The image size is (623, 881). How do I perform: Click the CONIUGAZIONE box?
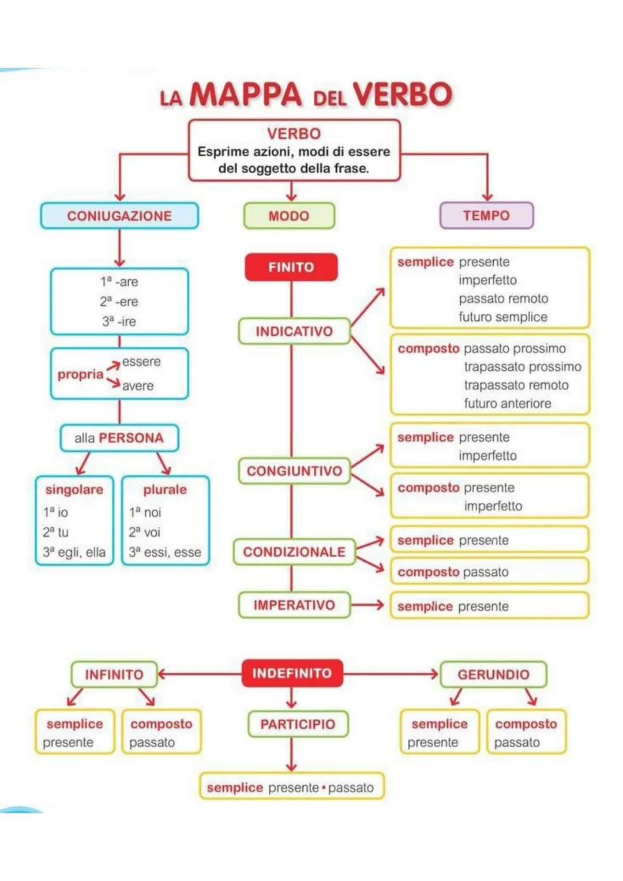pyautogui.click(x=119, y=216)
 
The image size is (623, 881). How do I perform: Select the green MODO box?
pyautogui.click(x=289, y=216)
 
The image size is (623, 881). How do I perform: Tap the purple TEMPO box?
pyautogui.click(x=486, y=215)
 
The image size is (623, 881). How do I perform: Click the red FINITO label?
pyautogui.click(x=291, y=267)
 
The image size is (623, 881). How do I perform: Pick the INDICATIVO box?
pyautogui.click(x=294, y=331)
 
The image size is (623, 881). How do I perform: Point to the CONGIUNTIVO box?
pyautogui.click(x=294, y=471)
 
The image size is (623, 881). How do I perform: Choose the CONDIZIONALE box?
pyautogui.click(x=294, y=552)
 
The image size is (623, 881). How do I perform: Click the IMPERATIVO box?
pyautogui.click(x=294, y=605)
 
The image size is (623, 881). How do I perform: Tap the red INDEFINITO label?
pyautogui.click(x=292, y=673)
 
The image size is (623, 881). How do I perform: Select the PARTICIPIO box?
pyautogui.click(x=298, y=724)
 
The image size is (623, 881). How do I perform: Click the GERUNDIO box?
pyautogui.click(x=493, y=674)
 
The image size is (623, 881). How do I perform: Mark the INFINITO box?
pyautogui.click(x=114, y=674)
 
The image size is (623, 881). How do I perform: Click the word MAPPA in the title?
pyautogui.click(x=246, y=95)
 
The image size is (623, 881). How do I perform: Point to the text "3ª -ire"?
pyautogui.click(x=119, y=321)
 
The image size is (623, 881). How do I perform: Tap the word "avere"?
pyautogui.click(x=138, y=385)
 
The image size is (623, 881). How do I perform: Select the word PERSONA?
pyautogui.click(x=131, y=438)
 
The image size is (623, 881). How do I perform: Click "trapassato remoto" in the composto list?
pyautogui.click(x=516, y=385)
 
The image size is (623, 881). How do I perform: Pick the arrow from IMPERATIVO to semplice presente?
pyautogui.click(x=368, y=605)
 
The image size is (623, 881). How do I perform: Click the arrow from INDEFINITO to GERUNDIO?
pyautogui.click(x=391, y=673)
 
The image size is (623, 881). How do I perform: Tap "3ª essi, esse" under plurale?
pyautogui.click(x=165, y=552)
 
